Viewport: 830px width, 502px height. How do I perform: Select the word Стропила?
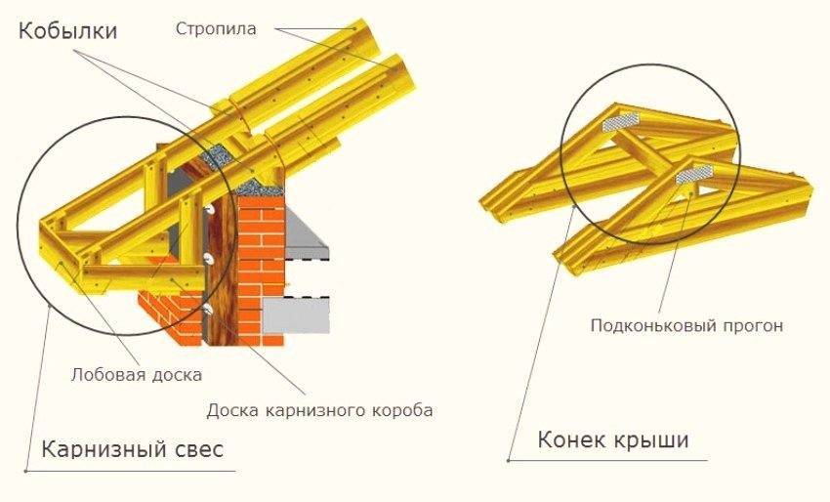(217, 28)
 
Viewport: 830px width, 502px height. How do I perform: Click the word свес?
(195, 450)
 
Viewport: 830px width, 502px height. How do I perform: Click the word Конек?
(570, 441)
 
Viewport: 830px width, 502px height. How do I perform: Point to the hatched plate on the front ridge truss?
(689, 173)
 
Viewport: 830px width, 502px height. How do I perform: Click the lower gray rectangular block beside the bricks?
(297, 314)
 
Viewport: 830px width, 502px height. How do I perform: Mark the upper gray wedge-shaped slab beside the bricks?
(304, 234)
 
